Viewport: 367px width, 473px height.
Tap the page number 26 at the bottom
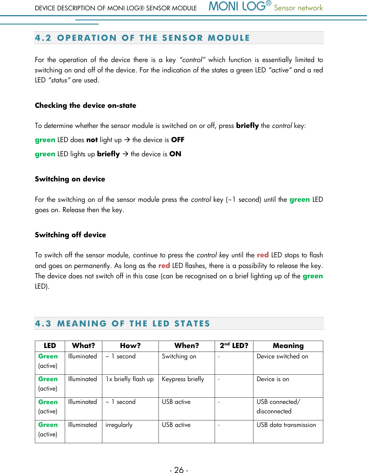coord(179,469)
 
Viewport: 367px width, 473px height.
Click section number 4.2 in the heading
coord(43,38)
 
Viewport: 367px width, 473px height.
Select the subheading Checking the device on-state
coord(85,105)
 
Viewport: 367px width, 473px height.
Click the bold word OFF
coord(178,140)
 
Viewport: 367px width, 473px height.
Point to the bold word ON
coord(175,154)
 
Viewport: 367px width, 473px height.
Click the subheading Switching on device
coord(70,179)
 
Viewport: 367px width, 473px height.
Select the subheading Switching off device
coord(70,235)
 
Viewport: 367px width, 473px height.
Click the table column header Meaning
coord(288,346)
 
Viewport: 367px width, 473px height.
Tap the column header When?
coord(187,346)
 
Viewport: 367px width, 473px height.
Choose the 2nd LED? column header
coord(234,346)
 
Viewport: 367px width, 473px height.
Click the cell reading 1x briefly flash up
coord(130,379)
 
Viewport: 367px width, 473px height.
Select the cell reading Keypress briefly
coord(183,379)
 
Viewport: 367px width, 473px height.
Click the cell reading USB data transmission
coord(286,425)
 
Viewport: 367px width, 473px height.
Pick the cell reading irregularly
coord(119,425)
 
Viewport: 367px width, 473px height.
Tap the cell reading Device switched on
coord(282,356)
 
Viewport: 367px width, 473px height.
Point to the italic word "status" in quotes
coord(59,80)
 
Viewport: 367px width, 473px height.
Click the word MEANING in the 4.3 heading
coord(82,324)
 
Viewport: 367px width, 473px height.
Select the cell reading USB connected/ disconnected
coord(278,407)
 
